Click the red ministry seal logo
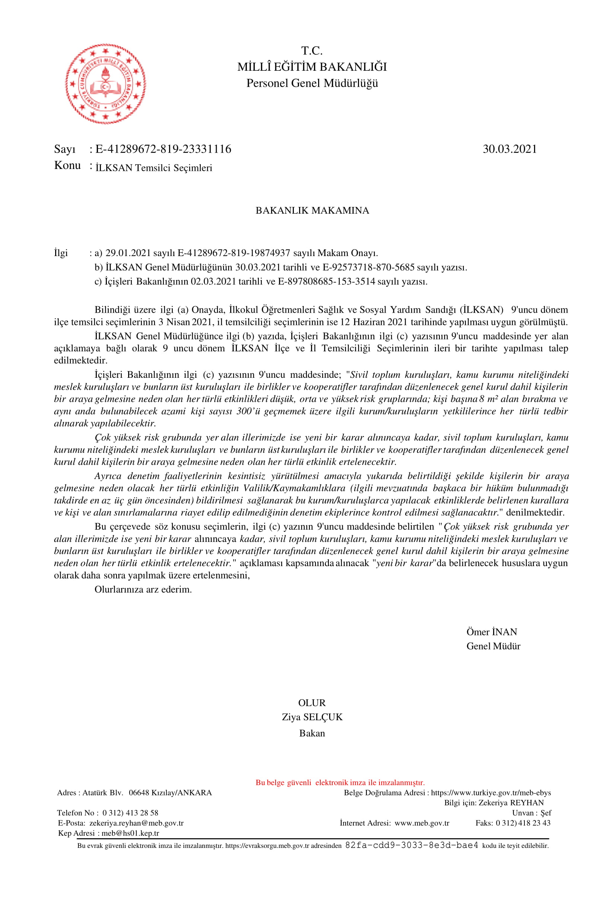pos(105,84)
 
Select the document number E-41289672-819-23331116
pos(163,149)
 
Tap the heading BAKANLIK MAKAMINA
pos(312,210)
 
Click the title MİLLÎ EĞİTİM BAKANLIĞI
pos(312,67)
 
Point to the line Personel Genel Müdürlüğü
pos(312,83)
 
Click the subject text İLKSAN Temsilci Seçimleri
pos(154,168)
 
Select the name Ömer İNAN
pos(491,632)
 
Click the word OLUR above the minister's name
pos(311,702)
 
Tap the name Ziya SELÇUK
pos(312,717)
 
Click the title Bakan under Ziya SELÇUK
pos(312,733)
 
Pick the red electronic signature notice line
pos(340,782)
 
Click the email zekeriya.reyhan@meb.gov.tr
pos(136,823)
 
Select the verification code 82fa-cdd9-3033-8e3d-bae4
pos(412,845)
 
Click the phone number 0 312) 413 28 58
pos(130,813)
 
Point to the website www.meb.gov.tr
pos(422,823)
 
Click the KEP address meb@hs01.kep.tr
pos(130,833)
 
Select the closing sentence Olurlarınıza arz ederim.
pos(143,590)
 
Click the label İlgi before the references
pos(61,253)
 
